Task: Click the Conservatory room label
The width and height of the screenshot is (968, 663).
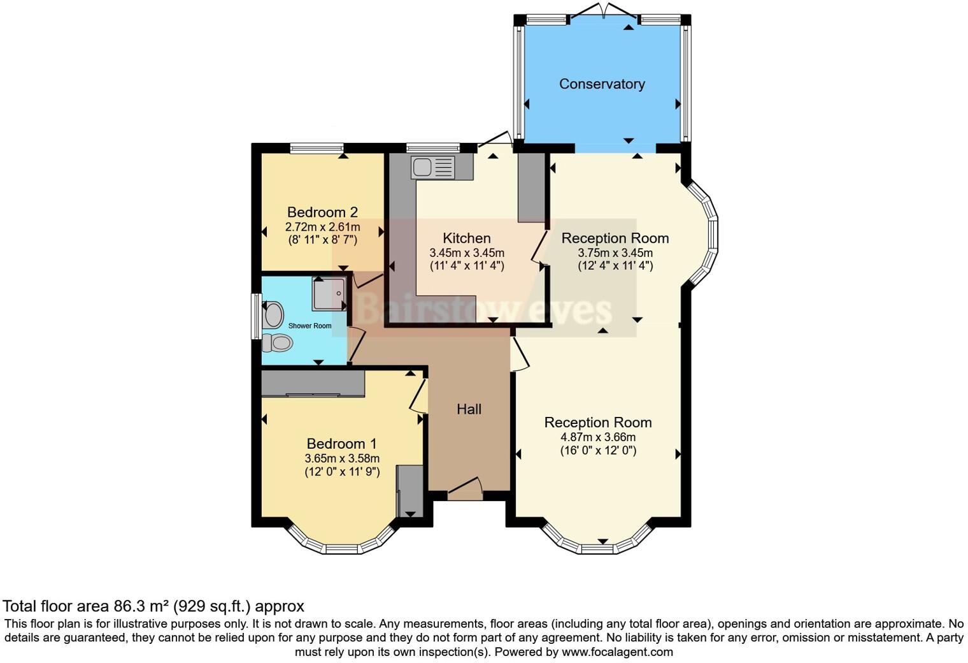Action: click(602, 84)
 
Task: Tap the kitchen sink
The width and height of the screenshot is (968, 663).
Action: click(433, 168)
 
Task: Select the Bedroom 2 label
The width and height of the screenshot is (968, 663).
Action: click(322, 212)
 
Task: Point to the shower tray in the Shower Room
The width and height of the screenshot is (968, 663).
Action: click(329, 294)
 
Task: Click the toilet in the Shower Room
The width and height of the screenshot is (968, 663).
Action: click(276, 343)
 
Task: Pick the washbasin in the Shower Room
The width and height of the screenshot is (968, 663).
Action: click(273, 315)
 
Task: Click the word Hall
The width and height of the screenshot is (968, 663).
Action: click(469, 409)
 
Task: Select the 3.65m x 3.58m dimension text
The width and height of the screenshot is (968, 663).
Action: click(342, 458)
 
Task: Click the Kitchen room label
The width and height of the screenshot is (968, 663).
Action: click(467, 238)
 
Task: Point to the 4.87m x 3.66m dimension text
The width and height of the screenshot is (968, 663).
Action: click(598, 437)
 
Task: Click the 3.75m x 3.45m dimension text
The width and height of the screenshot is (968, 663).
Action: click(615, 252)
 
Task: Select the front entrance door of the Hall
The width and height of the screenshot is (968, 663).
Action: click(465, 488)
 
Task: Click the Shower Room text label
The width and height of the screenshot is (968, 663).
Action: click(310, 326)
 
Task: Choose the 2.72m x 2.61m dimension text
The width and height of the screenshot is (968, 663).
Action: click(322, 227)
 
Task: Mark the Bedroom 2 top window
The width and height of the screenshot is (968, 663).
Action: click(317, 148)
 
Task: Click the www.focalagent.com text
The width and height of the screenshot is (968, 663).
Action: click(617, 652)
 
